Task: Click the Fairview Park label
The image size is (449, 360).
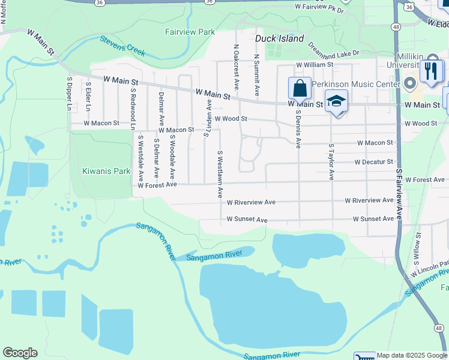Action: tap(190, 31)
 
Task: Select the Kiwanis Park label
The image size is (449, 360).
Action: tap(106, 171)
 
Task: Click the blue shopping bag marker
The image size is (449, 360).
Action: tap(300, 89)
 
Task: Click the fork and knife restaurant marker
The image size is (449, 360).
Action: tap(430, 71)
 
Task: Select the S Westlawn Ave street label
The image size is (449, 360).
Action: tap(220, 174)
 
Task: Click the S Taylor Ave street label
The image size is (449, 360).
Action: tap(331, 161)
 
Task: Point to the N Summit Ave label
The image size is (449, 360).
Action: tap(256, 75)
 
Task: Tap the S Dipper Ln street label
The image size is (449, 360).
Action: tap(70, 94)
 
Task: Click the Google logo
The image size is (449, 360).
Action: tap(20, 353)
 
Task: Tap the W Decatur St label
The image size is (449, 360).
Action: tap(373, 162)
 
